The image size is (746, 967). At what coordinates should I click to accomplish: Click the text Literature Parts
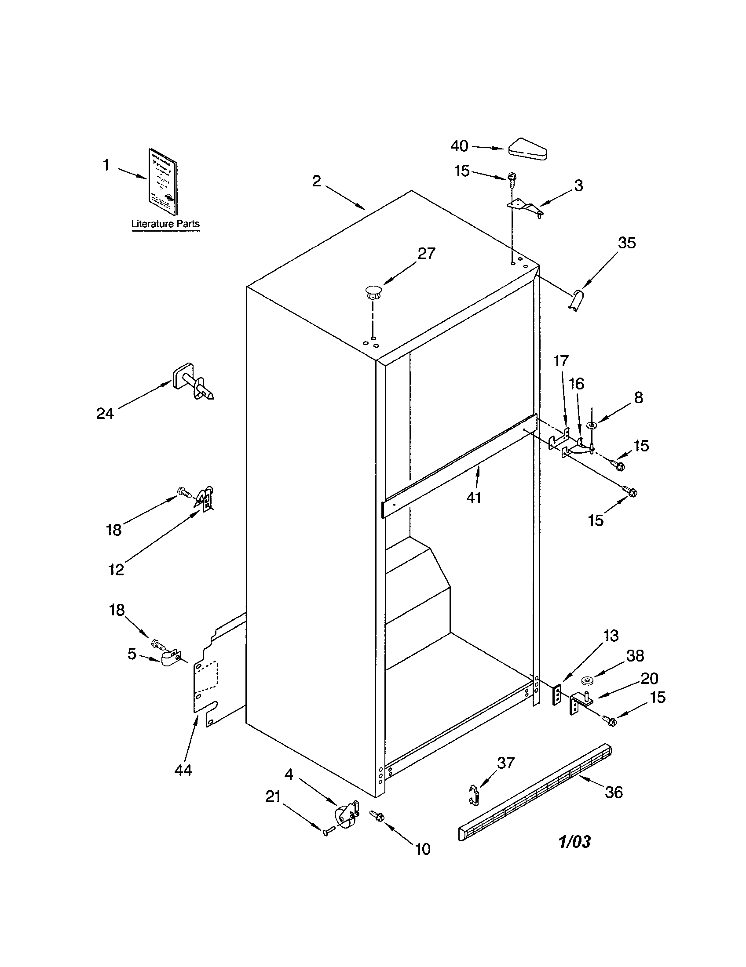click(x=165, y=224)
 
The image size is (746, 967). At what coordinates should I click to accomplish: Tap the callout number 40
click(x=459, y=146)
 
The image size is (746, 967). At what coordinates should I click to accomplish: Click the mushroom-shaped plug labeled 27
click(x=373, y=292)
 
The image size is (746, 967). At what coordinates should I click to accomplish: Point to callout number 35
click(x=627, y=243)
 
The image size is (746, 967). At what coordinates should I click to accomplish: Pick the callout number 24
click(x=106, y=414)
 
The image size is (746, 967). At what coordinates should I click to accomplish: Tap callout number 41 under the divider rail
click(x=474, y=498)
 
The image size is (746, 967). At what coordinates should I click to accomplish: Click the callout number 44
click(x=183, y=771)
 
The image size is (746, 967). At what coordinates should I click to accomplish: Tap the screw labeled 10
click(x=377, y=815)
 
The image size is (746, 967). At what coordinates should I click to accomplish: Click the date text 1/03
click(x=574, y=842)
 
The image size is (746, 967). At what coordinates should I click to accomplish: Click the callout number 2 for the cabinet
click(x=316, y=181)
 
